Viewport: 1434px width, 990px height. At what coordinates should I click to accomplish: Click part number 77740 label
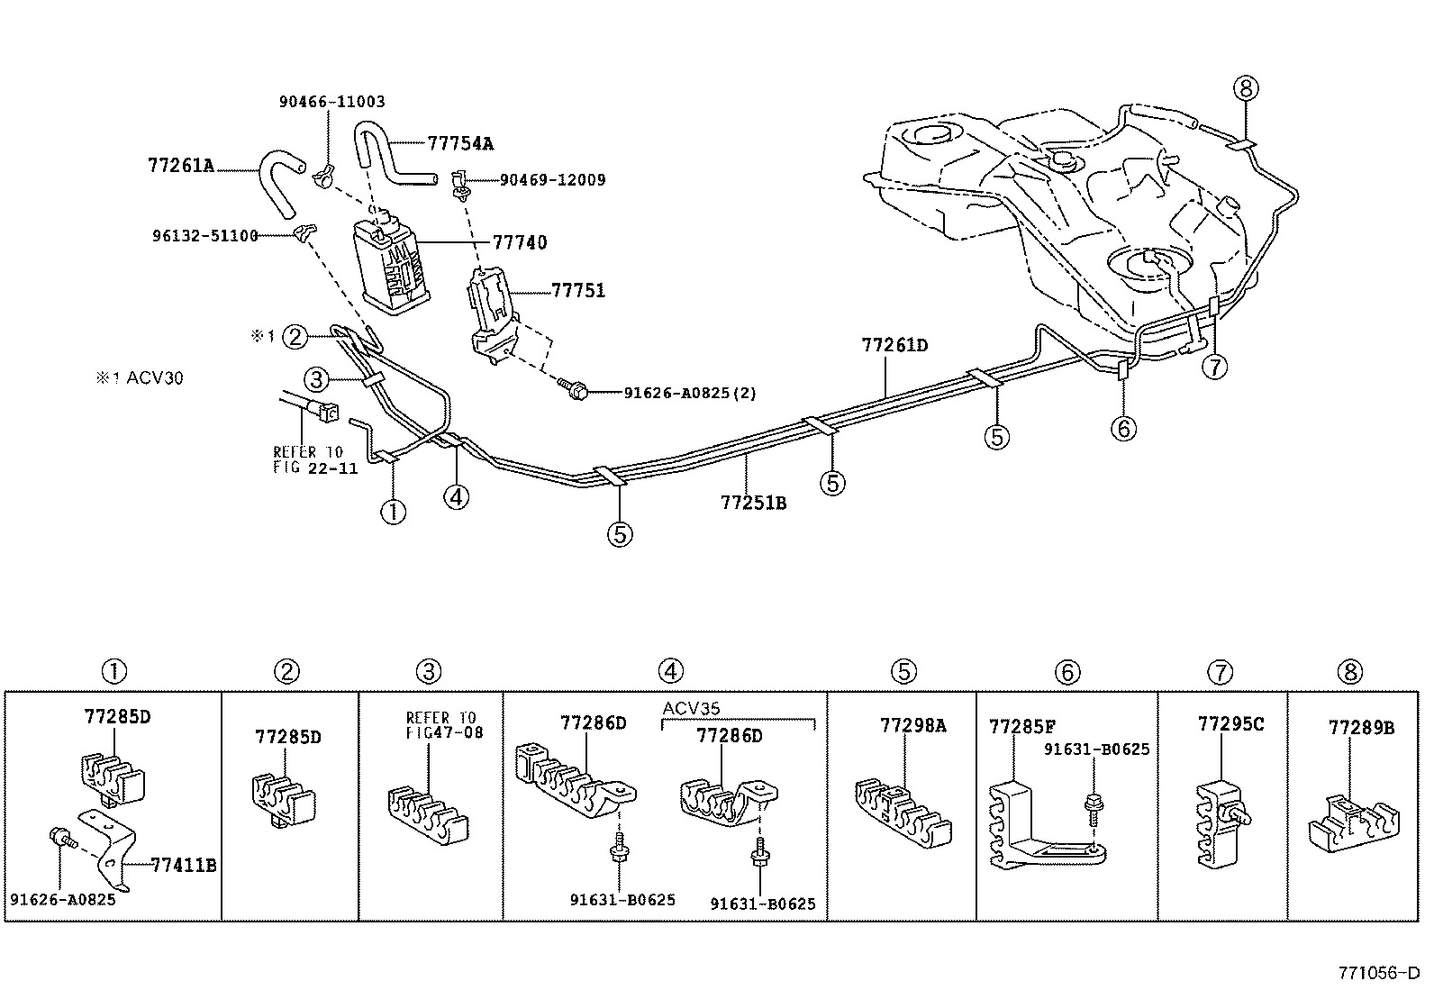[x=519, y=242]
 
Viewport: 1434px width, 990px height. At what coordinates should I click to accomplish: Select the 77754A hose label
[x=460, y=143]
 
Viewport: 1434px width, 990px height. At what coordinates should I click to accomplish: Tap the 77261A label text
[x=180, y=165]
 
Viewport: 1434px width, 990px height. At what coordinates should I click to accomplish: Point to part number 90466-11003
[x=331, y=102]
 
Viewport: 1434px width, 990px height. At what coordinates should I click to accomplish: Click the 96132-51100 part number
[x=204, y=236]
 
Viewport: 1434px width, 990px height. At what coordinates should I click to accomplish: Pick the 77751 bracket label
[x=578, y=291]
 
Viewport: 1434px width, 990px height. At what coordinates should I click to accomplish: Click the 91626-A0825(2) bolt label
[x=690, y=393]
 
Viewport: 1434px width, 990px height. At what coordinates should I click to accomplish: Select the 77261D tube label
[x=894, y=345]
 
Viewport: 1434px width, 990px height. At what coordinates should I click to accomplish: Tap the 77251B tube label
[x=753, y=503]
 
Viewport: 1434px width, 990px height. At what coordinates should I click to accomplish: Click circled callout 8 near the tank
[x=1247, y=88]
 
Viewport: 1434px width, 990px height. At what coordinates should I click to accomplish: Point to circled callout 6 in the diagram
[x=1123, y=428]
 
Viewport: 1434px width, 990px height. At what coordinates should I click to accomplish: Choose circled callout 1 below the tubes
[x=394, y=513]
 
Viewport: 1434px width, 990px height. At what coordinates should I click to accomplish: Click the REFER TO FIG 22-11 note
[x=314, y=459]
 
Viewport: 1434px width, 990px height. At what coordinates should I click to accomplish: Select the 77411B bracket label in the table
[x=184, y=866]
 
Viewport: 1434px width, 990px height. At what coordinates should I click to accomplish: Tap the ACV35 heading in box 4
[x=691, y=707]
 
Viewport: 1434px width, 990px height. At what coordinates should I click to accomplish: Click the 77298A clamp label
[x=912, y=724]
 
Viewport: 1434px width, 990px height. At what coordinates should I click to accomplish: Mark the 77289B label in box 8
[x=1361, y=726]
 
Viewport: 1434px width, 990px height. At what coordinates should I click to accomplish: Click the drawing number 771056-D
[x=1378, y=973]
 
